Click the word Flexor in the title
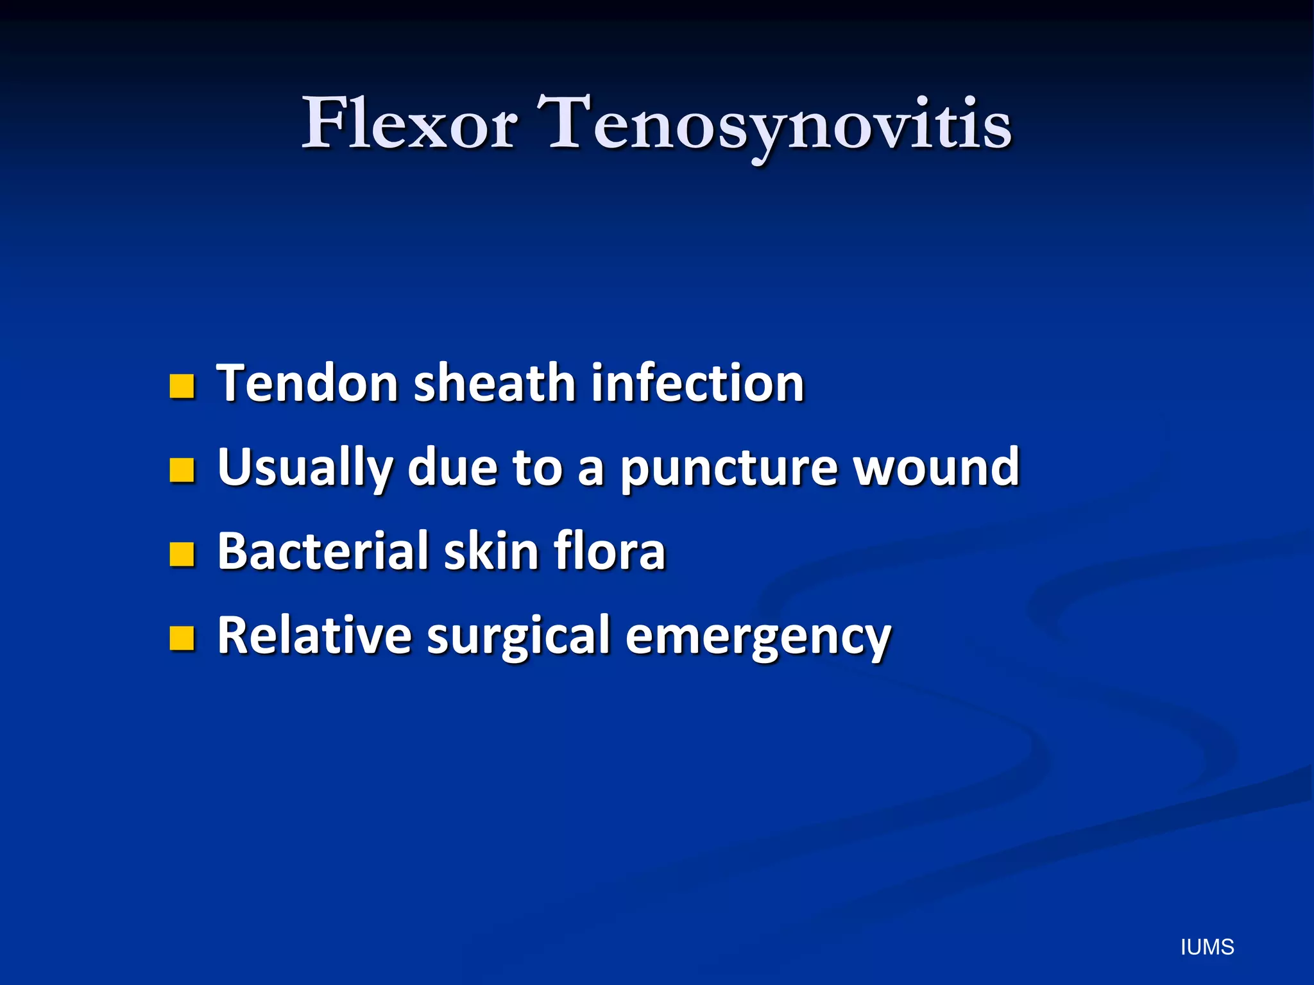click(x=410, y=123)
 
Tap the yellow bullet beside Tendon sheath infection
click(x=182, y=387)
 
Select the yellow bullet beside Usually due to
click(x=182, y=470)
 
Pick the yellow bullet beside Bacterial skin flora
click(x=182, y=554)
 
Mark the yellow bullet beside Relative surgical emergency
click(x=182, y=638)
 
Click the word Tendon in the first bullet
click(x=308, y=383)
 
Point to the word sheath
click(x=495, y=383)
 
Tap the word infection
click(x=697, y=383)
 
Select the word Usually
click(x=305, y=468)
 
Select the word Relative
click(x=314, y=636)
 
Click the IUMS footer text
click(x=1207, y=947)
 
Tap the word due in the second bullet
click(x=452, y=467)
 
